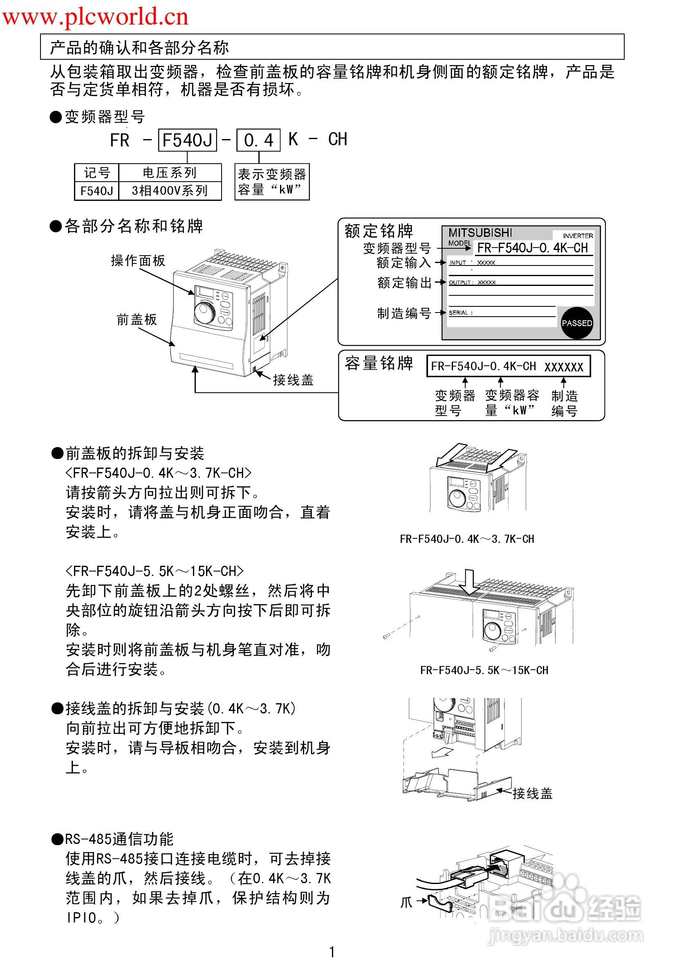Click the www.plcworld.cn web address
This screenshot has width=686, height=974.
95,17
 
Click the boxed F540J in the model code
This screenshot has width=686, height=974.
187,140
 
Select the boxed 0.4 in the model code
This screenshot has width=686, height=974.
258,140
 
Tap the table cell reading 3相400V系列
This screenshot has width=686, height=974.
170,191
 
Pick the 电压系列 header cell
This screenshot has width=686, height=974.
170,173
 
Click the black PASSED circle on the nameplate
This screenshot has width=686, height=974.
576,323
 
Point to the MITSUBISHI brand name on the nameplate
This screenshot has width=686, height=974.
480,232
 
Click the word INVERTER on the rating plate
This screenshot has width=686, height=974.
578,236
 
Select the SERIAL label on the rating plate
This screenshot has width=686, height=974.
459,313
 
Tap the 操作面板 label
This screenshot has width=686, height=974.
138,261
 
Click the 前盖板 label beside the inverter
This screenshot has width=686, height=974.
137,319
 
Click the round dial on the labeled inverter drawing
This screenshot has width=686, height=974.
205,312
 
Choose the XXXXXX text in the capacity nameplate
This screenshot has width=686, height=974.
563,367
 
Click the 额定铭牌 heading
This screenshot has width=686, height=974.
378,231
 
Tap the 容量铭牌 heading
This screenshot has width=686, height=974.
378,364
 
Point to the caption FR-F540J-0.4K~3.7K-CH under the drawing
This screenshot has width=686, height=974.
467,539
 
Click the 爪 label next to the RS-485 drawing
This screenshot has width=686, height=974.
406,902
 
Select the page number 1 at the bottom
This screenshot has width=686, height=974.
332,952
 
